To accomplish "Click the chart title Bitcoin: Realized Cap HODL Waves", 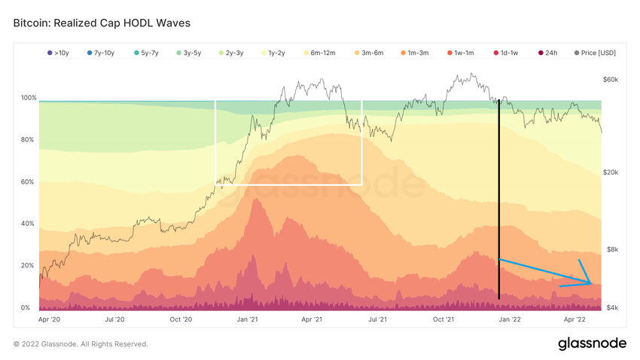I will point(102,23).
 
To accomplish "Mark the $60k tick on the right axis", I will point(610,79).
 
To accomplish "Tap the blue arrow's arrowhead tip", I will point(591,284).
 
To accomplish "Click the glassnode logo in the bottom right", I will point(592,343).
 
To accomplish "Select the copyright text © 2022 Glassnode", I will point(81,344).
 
